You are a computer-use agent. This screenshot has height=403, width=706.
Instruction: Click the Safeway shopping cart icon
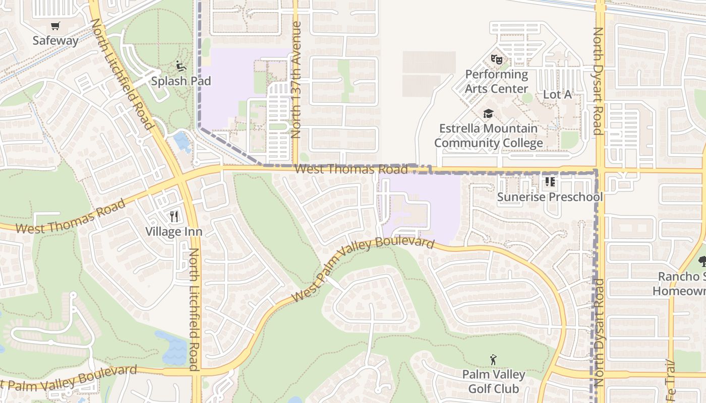(x=55, y=26)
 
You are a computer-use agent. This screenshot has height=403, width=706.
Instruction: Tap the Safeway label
(x=55, y=41)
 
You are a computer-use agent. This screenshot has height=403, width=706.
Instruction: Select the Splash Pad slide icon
(x=181, y=66)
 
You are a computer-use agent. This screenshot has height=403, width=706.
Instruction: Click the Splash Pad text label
(x=181, y=81)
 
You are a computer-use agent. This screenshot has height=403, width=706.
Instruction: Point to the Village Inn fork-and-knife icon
(x=174, y=217)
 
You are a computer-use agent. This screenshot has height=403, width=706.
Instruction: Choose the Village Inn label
(x=174, y=232)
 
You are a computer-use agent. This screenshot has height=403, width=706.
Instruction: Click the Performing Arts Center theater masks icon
(x=497, y=59)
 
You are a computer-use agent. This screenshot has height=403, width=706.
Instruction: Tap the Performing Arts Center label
(x=496, y=82)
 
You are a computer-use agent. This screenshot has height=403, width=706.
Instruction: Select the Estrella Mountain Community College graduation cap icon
(x=488, y=114)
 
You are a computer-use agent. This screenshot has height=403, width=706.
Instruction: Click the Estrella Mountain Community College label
(x=488, y=136)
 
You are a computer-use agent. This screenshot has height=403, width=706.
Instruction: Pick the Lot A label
(x=557, y=94)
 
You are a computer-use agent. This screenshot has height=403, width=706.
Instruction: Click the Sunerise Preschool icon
(x=550, y=182)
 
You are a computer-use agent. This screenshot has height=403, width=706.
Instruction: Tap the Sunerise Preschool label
(x=550, y=196)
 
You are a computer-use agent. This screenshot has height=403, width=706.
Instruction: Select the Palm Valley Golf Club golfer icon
(x=493, y=360)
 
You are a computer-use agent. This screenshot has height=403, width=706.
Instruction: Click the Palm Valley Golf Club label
(x=493, y=382)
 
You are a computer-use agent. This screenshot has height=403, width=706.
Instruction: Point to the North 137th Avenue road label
(x=297, y=80)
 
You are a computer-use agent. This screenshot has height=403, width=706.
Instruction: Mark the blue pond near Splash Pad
(x=182, y=141)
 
